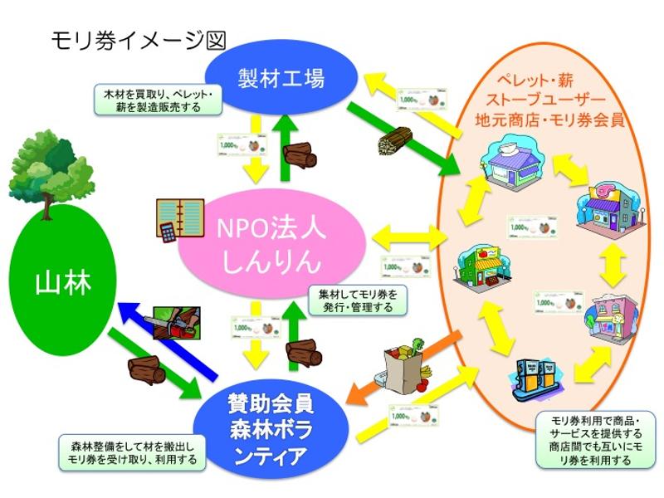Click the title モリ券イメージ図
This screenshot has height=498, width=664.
pos(138,39)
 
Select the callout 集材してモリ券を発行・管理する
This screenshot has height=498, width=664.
pos(358,300)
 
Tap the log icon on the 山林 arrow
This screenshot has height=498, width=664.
pos(148,370)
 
